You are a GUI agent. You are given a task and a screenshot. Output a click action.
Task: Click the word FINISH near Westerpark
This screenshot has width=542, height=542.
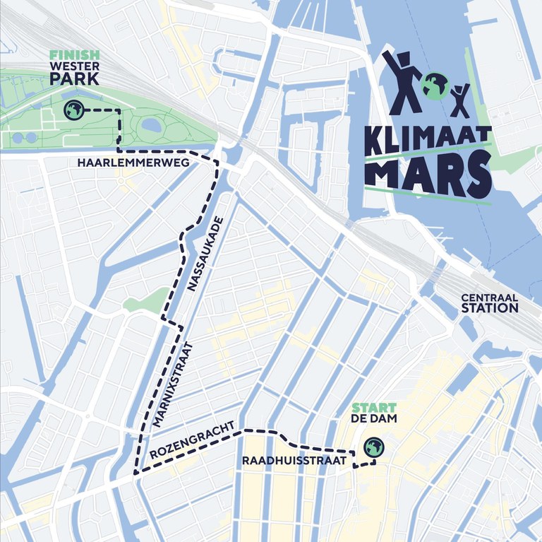(74, 54)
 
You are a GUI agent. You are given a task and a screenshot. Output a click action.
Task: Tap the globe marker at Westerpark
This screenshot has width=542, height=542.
(73, 110)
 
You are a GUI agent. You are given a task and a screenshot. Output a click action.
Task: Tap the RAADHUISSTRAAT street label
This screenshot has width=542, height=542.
(294, 460)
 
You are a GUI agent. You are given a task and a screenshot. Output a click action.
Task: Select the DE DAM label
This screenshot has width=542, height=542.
(374, 419)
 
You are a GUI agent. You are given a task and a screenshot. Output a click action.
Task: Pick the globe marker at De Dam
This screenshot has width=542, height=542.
(373, 447)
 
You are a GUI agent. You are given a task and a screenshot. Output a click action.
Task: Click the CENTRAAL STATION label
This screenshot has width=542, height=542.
(489, 303)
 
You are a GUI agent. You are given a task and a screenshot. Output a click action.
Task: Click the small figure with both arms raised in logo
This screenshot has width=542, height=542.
(461, 100)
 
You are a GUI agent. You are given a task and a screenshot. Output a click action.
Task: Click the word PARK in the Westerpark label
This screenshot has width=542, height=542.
(74, 78)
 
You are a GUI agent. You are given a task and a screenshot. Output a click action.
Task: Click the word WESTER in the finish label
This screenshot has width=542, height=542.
(74, 66)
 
